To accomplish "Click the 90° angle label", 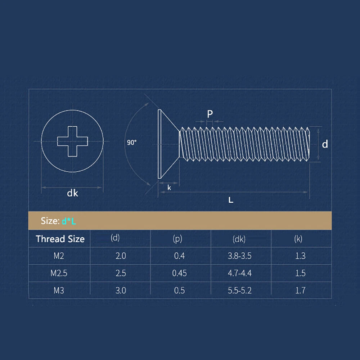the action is (132, 142).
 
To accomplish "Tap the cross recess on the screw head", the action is (73, 141).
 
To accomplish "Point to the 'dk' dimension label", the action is (73, 193).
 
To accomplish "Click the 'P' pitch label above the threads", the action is (210, 114).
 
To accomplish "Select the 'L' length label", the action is (231, 200).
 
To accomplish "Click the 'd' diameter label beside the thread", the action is (325, 144).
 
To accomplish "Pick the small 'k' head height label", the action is (169, 188).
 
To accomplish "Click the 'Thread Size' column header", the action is (60, 239).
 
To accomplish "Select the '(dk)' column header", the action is (239, 239).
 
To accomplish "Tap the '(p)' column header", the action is (177, 239).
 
